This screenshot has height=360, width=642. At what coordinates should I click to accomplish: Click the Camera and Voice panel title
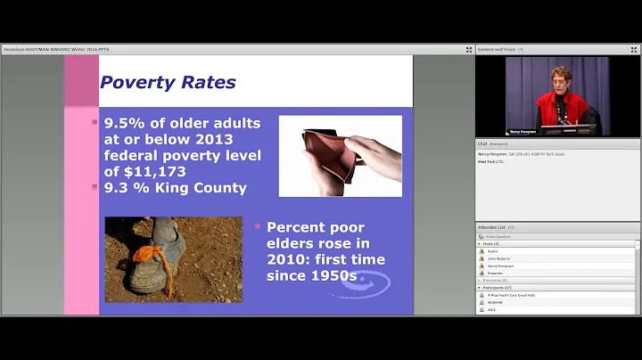[496, 50]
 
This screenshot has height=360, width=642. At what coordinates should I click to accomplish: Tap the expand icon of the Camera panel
[635, 50]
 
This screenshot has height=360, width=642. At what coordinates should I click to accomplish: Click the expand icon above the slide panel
[469, 50]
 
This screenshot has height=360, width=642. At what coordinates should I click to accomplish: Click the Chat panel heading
[481, 143]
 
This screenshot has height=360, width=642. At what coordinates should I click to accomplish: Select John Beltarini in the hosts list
[499, 258]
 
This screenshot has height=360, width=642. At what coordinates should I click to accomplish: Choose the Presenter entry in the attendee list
[496, 273]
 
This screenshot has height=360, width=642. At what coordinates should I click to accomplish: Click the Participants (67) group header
[499, 288]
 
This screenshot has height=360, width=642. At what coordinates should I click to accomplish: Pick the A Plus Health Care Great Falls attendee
[512, 295]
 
